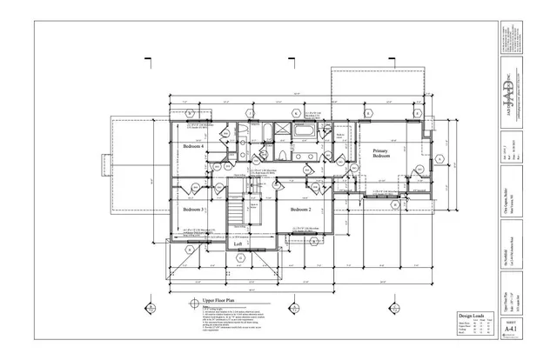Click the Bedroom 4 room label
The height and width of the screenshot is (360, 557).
pyautogui.click(x=193, y=147)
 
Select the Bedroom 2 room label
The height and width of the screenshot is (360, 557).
pyautogui.click(x=300, y=210)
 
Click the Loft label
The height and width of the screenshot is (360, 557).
pyautogui.click(x=237, y=243)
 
